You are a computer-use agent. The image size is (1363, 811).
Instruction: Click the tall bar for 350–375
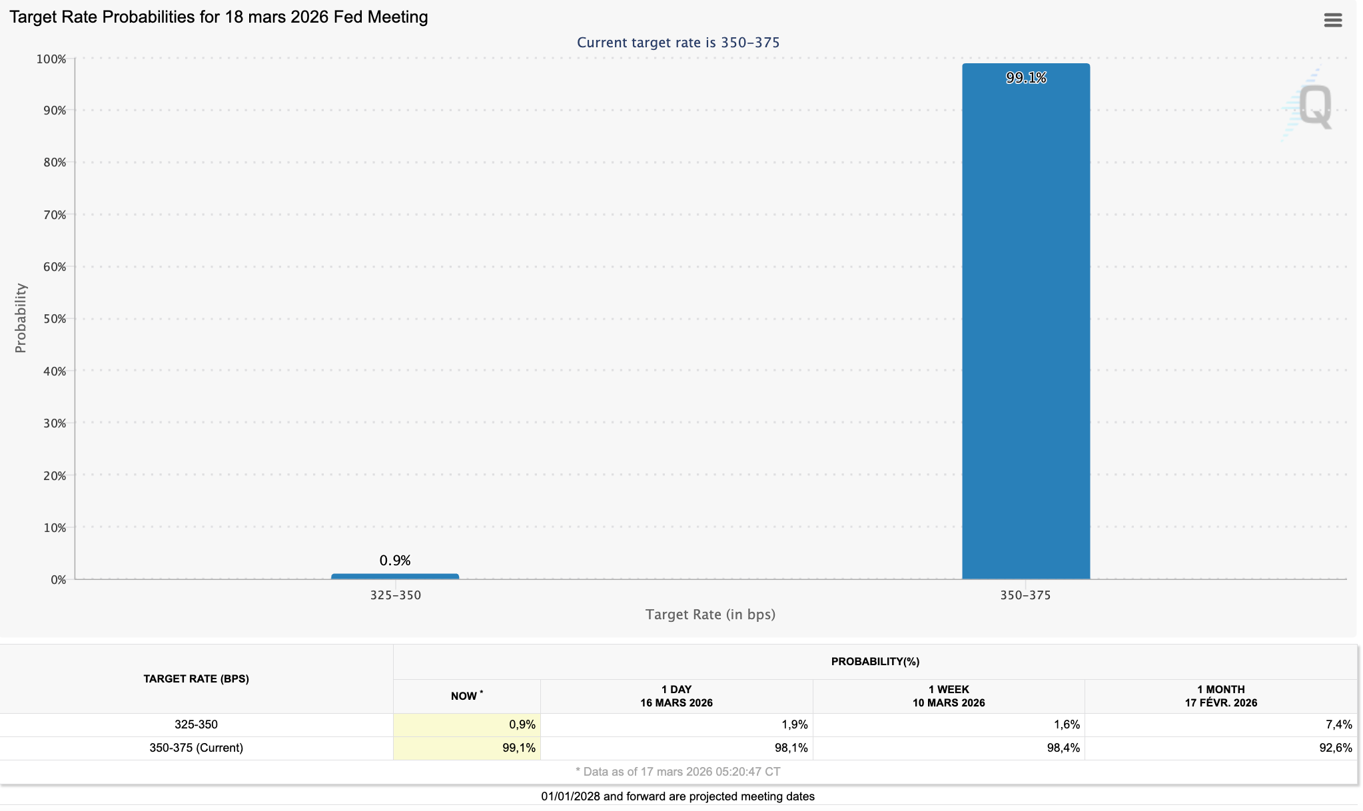point(1026,321)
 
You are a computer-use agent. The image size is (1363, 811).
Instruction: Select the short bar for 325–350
point(395,577)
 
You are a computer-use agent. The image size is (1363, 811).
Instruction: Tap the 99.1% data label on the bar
point(1026,78)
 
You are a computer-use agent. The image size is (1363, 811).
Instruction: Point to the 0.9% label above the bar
point(395,561)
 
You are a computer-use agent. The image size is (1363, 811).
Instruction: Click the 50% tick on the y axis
point(55,319)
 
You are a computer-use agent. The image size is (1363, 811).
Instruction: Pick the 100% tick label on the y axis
point(51,59)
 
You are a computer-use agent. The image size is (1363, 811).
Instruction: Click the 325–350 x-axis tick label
point(396,595)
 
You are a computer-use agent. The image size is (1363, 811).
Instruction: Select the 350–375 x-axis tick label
point(1025,595)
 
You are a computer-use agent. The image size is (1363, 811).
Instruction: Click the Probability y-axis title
point(21,318)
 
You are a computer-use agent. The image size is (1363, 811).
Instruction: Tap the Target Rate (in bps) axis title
point(710,615)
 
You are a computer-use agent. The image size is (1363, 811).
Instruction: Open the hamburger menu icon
point(1333,20)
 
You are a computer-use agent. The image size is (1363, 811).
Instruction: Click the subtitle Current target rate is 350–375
point(678,43)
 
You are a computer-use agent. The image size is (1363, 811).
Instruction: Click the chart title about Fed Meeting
point(219,17)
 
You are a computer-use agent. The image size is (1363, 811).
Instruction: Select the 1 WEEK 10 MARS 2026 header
point(949,696)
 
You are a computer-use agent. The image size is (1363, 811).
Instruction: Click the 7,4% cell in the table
point(1339,724)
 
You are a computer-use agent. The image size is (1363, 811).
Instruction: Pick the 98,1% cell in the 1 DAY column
point(791,748)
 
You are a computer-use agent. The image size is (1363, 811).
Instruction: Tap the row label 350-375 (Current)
point(197,748)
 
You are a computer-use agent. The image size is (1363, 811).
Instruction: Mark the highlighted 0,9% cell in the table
point(467,724)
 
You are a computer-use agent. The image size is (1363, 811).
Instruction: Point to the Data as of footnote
point(678,772)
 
